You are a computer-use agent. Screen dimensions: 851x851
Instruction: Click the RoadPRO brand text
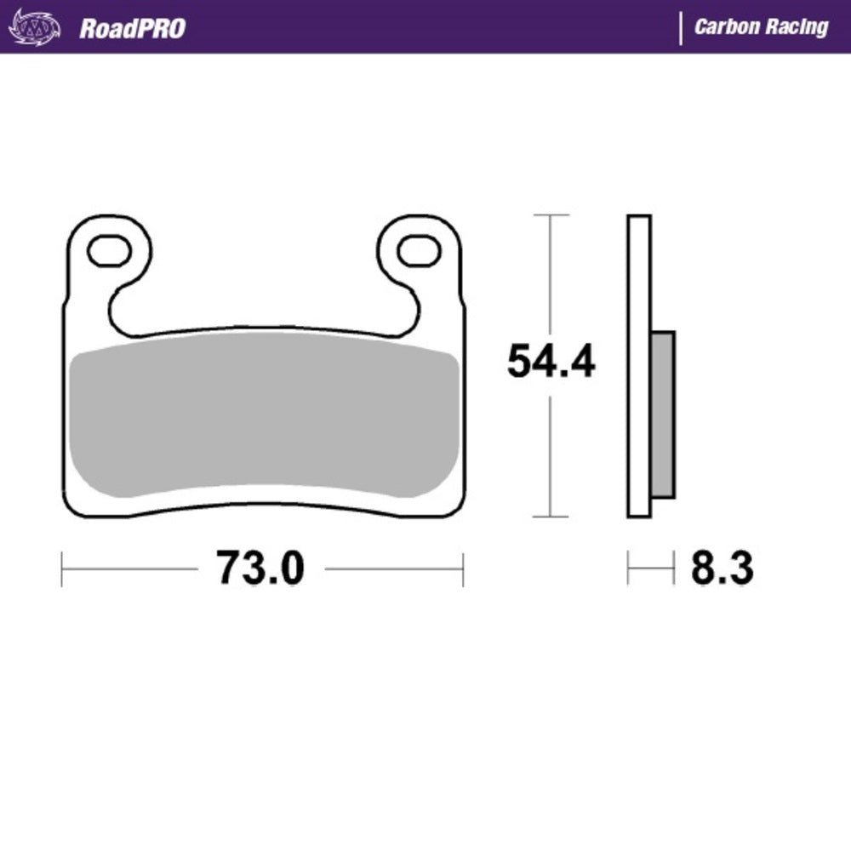pyautogui.click(x=132, y=28)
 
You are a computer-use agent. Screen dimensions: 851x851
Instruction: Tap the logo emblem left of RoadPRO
pyautogui.click(x=35, y=28)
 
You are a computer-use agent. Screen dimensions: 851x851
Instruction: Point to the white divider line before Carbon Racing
pyautogui.click(x=680, y=27)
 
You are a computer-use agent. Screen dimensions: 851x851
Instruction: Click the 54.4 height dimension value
pyautogui.click(x=551, y=362)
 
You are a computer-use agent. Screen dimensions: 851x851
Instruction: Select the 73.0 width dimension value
pyautogui.click(x=260, y=568)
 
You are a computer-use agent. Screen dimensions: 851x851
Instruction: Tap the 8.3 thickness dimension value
pyautogui.click(x=721, y=568)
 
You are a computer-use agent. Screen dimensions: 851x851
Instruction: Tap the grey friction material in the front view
pyautogui.click(x=264, y=417)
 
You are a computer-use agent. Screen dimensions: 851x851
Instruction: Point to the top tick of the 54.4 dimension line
pyautogui.click(x=551, y=215)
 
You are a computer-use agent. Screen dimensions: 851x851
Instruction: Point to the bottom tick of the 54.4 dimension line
pyautogui.click(x=551, y=517)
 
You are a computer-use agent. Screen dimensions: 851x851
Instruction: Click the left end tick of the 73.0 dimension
pyautogui.click(x=62, y=568)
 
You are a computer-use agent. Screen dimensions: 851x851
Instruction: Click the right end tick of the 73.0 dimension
pyautogui.click(x=463, y=568)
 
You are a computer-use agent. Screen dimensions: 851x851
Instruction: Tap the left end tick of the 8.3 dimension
pyautogui.click(x=628, y=568)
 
